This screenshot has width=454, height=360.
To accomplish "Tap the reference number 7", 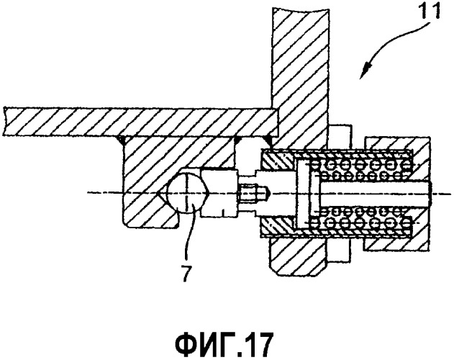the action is (x=186, y=273).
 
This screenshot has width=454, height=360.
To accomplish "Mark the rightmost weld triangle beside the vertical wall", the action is (x=269, y=140).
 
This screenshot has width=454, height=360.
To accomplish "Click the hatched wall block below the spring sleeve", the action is (x=299, y=256).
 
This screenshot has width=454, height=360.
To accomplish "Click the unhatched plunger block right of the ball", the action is (x=220, y=193).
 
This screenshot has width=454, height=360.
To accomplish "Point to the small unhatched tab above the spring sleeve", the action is (x=340, y=135).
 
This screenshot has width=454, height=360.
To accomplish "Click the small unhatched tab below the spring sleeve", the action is (x=338, y=249).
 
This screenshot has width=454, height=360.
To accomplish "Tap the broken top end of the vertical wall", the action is (x=301, y=9).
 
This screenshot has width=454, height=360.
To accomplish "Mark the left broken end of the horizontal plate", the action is (x=4, y=121).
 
